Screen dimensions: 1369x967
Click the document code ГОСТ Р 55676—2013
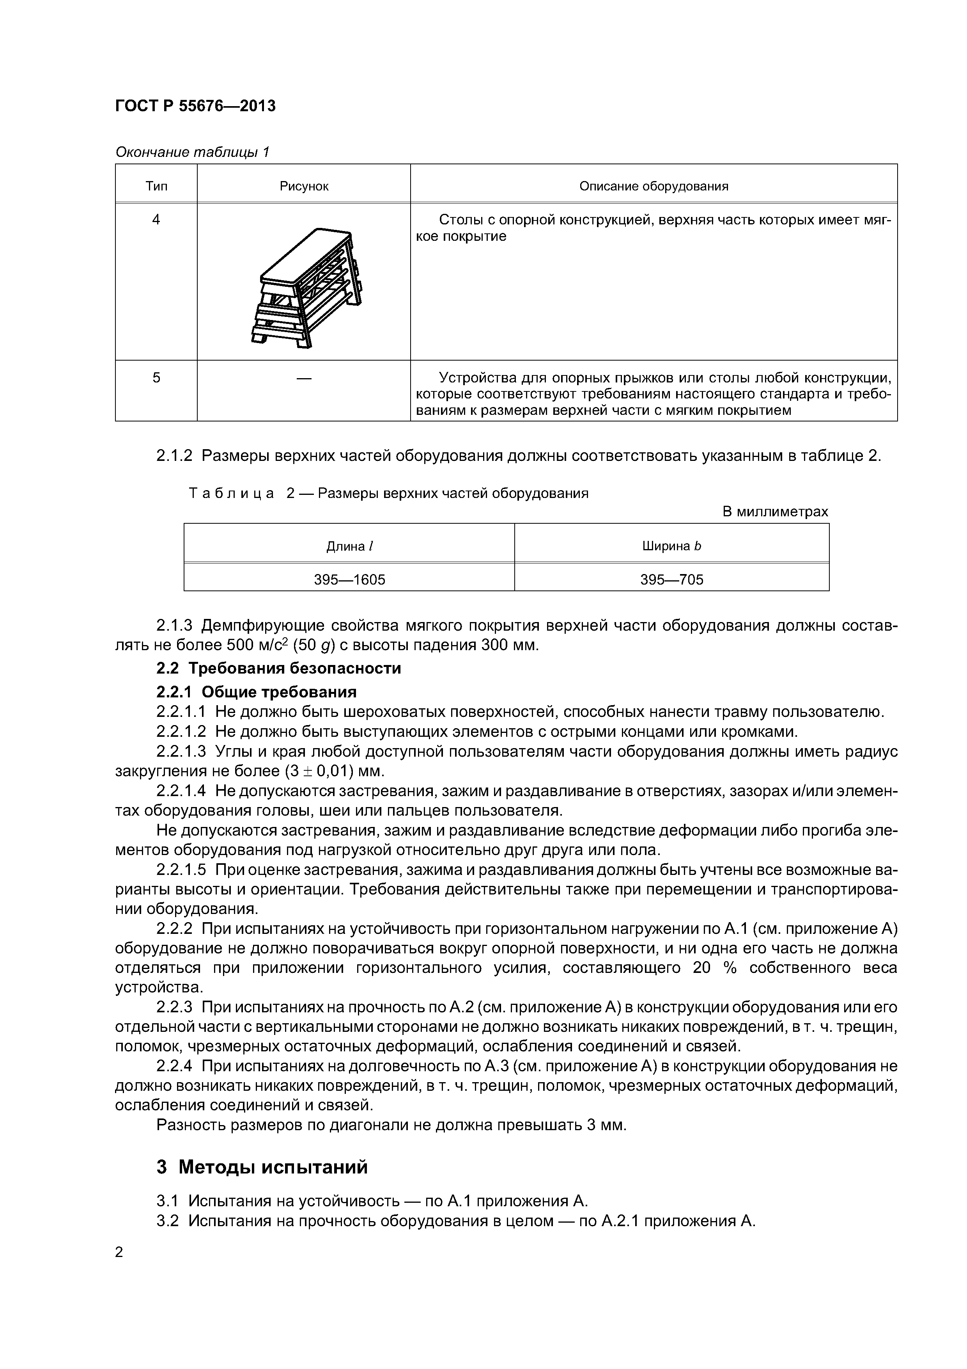[x=195, y=106]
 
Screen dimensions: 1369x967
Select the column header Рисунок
[x=304, y=187]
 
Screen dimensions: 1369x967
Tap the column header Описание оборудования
[x=654, y=187]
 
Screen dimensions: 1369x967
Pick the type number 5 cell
[x=156, y=377]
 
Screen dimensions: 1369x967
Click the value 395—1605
[x=349, y=580]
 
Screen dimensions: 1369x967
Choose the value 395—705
[x=671, y=580]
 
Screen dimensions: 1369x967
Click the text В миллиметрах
[x=774, y=512]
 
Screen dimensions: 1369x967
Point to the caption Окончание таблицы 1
[x=192, y=153]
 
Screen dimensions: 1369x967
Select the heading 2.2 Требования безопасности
[x=278, y=668]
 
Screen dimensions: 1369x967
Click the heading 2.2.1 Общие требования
[x=256, y=692]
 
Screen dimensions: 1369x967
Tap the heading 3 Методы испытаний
[x=262, y=1167]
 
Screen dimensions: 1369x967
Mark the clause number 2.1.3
[x=174, y=626]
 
